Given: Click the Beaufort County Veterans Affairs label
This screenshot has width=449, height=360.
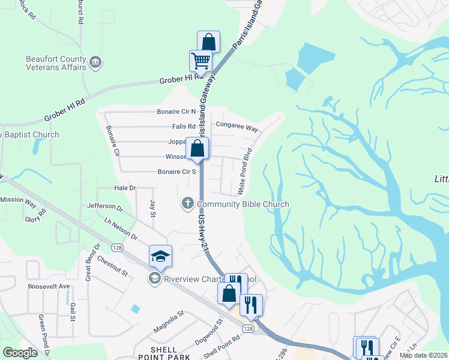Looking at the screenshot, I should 56,63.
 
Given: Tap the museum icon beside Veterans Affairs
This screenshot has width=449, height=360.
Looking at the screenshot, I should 95,62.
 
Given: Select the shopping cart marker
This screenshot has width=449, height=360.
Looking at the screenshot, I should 200,60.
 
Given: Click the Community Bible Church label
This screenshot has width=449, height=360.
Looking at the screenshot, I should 243,204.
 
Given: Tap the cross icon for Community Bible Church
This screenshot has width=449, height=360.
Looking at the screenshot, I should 187,204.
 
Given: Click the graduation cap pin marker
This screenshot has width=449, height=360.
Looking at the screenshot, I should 160,256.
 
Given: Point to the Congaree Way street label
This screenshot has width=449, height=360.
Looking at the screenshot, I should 237,128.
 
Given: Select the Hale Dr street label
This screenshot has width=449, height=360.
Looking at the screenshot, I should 125,188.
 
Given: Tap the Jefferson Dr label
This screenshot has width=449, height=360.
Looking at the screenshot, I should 104,208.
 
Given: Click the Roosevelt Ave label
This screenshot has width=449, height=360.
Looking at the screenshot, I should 49,286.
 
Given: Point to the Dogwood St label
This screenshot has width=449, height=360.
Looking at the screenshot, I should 208,332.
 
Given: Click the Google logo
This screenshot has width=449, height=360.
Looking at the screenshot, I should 20,353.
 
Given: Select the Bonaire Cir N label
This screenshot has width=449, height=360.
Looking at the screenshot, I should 176,112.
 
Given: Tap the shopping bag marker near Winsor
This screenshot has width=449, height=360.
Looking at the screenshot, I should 197,149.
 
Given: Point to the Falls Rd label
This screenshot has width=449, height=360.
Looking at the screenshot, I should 184,127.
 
